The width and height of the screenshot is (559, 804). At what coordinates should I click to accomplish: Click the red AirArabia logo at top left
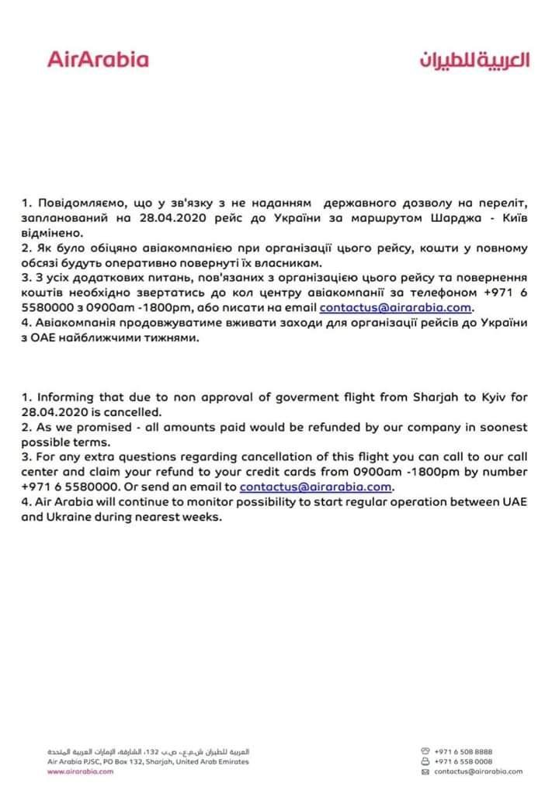98,59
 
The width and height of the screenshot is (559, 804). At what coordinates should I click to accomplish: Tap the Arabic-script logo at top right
474,61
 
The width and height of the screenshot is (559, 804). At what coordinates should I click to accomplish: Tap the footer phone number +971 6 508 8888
464,751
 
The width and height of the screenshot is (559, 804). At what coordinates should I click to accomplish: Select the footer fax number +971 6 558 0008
464,761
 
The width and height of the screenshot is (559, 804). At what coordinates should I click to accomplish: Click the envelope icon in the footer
425,772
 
